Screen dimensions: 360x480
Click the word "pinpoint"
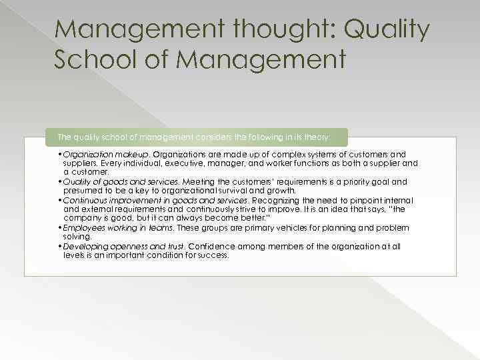click(x=355, y=200)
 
